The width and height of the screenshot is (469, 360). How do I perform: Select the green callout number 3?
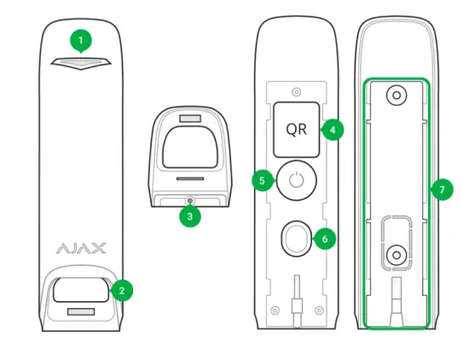[189, 216]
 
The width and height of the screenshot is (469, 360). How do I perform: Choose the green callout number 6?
[323, 239]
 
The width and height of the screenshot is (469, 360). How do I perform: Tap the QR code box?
[296, 130]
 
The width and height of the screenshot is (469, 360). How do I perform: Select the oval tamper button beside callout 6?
[295, 240]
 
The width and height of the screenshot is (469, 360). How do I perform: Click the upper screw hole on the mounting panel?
[396, 97]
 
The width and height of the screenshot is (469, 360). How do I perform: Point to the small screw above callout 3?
[189, 200]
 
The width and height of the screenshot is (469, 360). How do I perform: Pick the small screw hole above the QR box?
[296, 90]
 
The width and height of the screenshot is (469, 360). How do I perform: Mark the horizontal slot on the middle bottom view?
[189, 180]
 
